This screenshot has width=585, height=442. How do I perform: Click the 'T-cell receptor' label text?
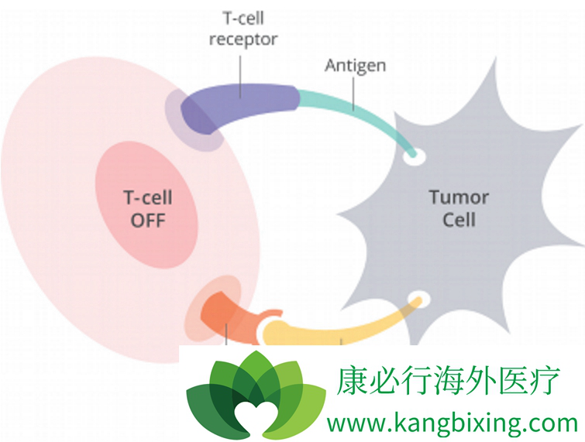[243, 29]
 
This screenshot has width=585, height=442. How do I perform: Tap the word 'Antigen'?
[354, 65]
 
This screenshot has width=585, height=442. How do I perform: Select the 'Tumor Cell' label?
[459, 208]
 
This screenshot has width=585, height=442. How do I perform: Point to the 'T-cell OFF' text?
[148, 208]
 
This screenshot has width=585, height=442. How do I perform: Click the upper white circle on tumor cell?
[415, 156]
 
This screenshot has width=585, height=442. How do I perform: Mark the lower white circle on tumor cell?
[418, 299]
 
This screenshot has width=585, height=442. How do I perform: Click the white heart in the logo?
[256, 414]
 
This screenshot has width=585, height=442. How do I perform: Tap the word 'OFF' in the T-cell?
[148, 220]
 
